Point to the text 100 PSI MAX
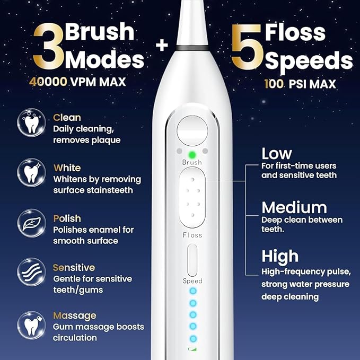pyautogui.click(x=300, y=84)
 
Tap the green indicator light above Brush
pyautogui.click(x=192, y=151)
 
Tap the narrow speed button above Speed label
pyautogui.click(x=192, y=259)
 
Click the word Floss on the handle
pyautogui.click(x=192, y=235)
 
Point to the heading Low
pyautogui.click(x=277, y=154)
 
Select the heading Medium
pyautogui.click(x=294, y=206)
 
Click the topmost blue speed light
pyautogui.click(x=193, y=291)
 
